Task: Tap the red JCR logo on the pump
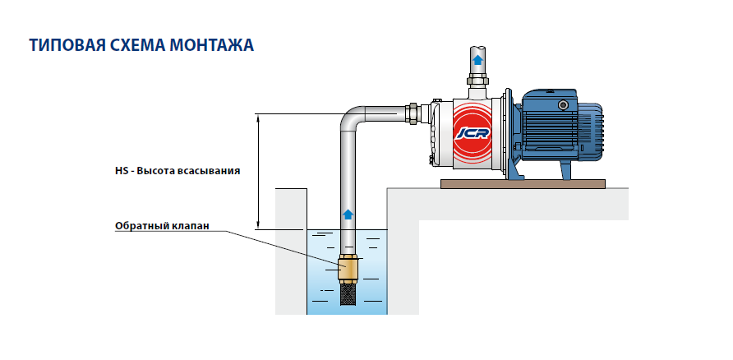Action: (x=470, y=131)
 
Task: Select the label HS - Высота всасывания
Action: (x=177, y=172)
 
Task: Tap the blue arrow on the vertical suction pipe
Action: (x=348, y=214)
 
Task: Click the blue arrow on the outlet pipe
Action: (x=477, y=59)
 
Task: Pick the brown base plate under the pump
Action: (x=527, y=183)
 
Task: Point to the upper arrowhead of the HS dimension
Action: (x=259, y=118)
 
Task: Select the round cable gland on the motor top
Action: (x=564, y=105)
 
